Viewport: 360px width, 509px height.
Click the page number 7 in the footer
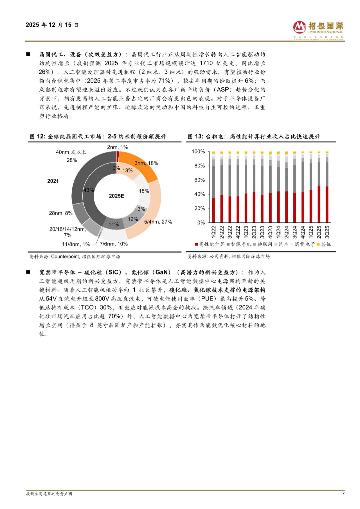tap(343, 493)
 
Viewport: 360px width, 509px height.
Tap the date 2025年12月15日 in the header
tap(52, 25)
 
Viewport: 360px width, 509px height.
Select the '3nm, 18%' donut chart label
tap(146, 163)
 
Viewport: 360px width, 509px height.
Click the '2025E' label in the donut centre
tap(116, 196)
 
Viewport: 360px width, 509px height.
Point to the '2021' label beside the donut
tap(53, 181)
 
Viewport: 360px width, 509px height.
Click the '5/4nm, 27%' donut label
tap(158, 222)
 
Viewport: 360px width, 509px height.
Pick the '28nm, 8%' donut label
tap(61, 213)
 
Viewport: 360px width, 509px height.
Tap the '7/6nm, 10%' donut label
tap(114, 244)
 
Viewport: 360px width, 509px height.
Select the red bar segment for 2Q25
tap(319, 204)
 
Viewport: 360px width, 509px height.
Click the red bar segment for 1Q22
tap(213, 210)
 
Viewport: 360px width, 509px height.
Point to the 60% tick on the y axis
tap(199, 180)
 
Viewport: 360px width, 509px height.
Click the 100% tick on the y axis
tap(198, 151)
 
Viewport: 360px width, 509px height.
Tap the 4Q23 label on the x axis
tap(270, 231)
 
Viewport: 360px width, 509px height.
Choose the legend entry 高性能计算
tap(210, 244)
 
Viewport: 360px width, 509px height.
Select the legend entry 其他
tap(324, 244)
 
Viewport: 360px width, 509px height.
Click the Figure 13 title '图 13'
tap(195, 136)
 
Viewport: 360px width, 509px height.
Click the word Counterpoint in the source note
tap(65, 257)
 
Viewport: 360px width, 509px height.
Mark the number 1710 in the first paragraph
tap(206, 63)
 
